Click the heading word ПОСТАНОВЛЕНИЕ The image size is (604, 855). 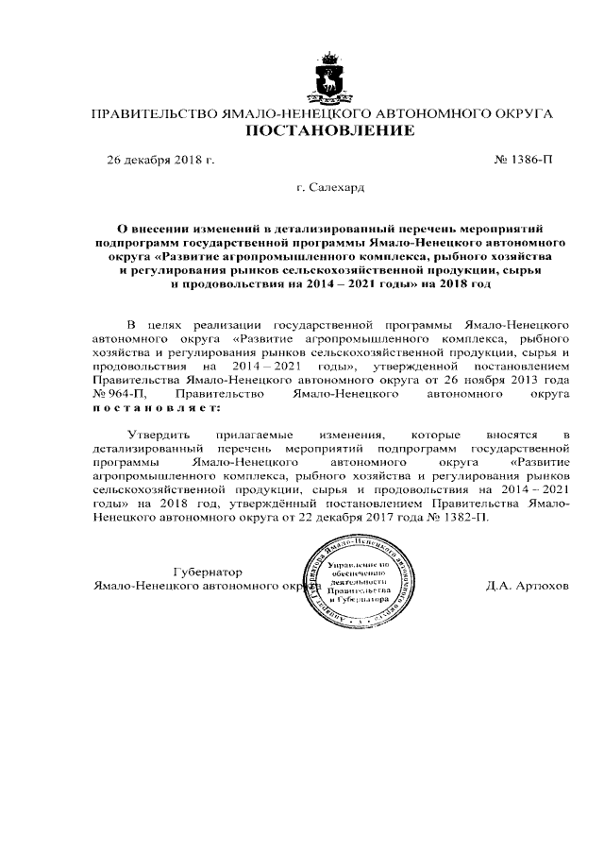point(330,131)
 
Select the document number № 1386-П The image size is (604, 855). point(523,161)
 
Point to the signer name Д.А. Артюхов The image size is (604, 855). point(528,586)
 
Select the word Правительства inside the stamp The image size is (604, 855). point(346,590)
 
